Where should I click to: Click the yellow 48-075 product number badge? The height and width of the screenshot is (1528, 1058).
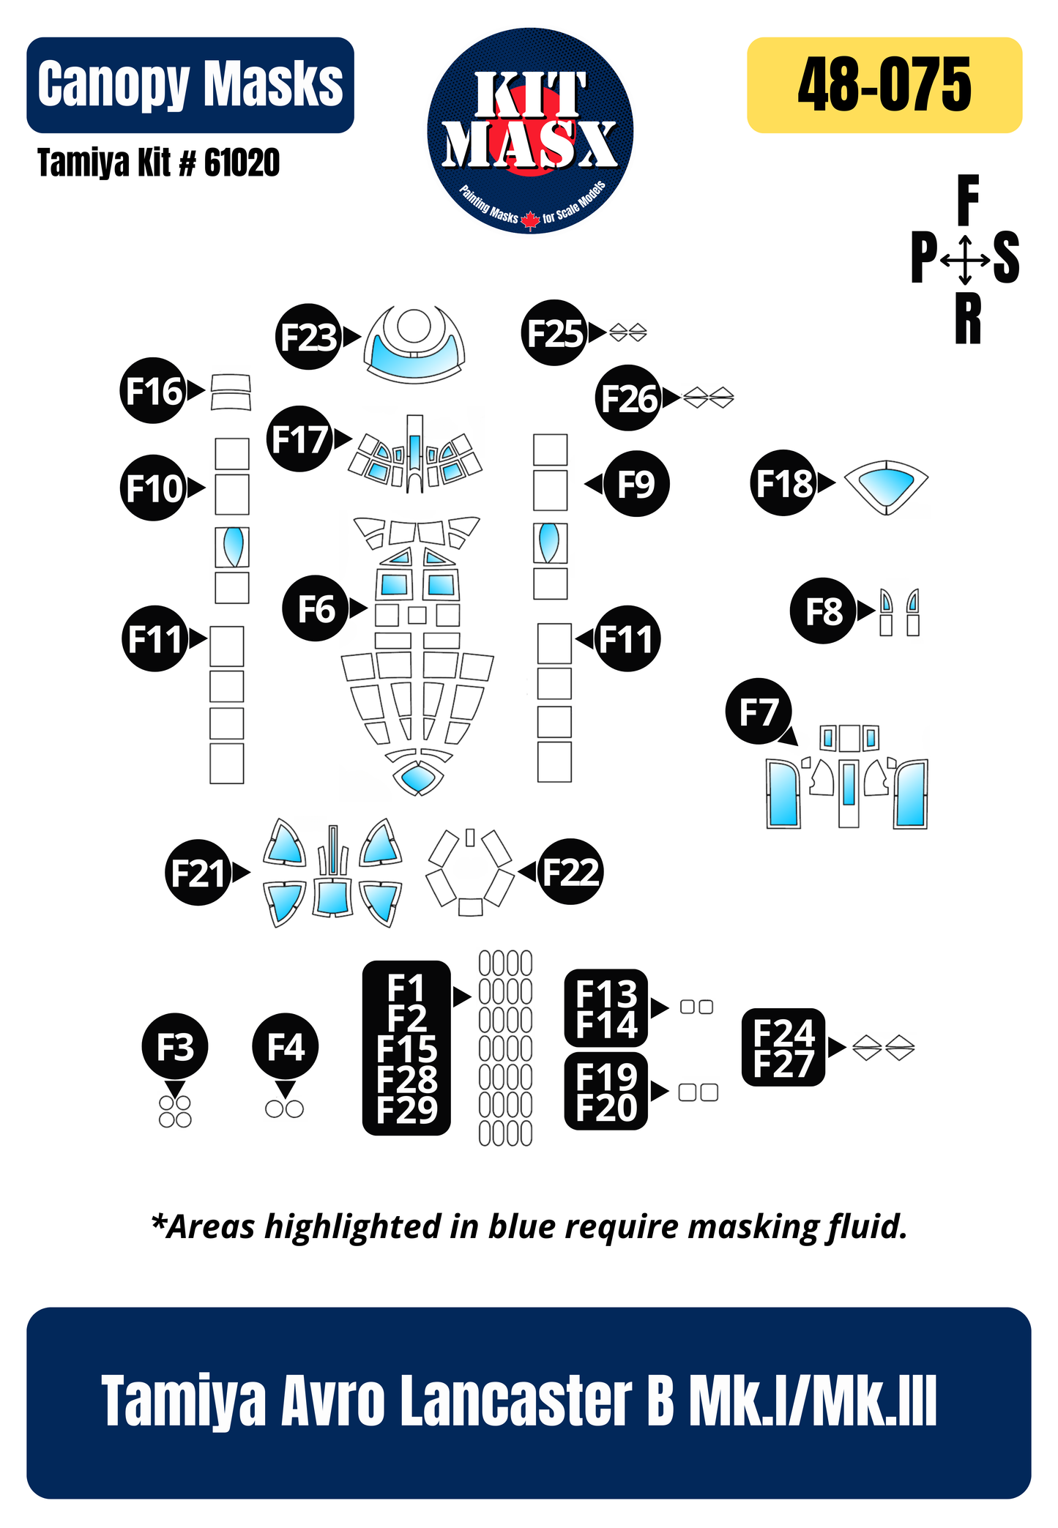pos(884,85)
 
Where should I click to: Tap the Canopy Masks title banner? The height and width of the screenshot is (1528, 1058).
pos(190,85)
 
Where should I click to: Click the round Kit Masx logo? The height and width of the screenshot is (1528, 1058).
pos(530,131)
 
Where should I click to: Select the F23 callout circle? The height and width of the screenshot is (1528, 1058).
pos(309,337)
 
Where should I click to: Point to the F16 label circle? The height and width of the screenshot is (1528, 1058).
pos(152,390)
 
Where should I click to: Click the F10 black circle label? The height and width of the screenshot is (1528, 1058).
pos(152,488)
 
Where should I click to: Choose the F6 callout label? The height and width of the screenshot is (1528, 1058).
pos(315,608)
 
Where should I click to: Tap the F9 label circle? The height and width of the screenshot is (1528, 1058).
pos(636,483)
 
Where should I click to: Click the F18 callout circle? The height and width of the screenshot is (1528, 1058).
pos(783,482)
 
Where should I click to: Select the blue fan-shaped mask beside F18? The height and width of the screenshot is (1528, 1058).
pos(886,484)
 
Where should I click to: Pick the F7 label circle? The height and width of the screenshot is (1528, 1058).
pos(759,711)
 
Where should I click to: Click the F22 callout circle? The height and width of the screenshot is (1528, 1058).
pos(570,871)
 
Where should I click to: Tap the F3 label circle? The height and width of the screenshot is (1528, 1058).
pos(175,1047)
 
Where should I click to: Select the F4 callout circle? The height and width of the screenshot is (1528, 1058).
pos(285,1047)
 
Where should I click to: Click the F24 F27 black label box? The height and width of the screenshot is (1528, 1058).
pos(783,1047)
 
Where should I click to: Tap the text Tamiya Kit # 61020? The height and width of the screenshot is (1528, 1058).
pos(158,163)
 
